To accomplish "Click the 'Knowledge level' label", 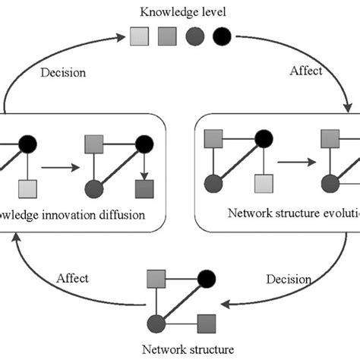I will [x=179, y=12].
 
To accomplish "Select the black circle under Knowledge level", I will [x=222, y=35].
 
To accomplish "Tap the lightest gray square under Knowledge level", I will [x=137, y=35].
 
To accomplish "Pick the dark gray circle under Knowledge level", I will [x=194, y=35].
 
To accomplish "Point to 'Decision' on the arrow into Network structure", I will [x=288, y=279].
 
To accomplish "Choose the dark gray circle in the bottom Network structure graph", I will [x=156, y=321].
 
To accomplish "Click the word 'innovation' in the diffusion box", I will [x=76, y=215].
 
